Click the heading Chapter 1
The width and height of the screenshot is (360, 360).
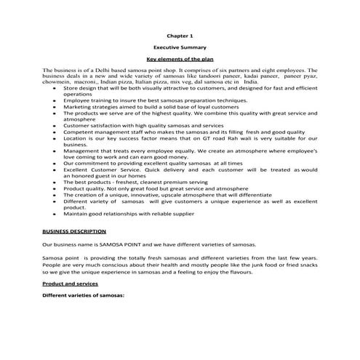(179, 34)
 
